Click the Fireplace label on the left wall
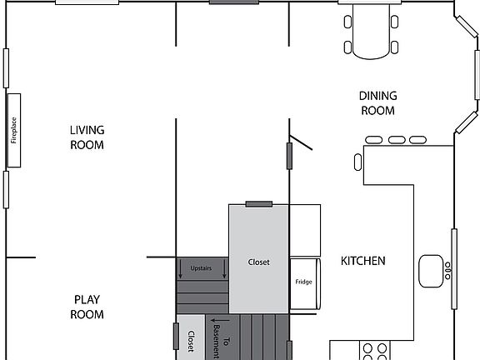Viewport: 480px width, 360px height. [14, 130]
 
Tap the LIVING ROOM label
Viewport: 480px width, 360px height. [87, 137]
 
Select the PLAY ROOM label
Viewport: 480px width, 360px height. [87, 307]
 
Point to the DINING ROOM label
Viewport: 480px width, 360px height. [377, 103]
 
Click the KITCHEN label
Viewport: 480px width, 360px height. [363, 261]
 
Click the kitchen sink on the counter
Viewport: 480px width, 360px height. [431, 271]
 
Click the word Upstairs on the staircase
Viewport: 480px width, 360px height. [201, 268]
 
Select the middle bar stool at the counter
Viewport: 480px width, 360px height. [397, 139]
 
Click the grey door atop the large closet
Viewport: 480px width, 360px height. [258, 203]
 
